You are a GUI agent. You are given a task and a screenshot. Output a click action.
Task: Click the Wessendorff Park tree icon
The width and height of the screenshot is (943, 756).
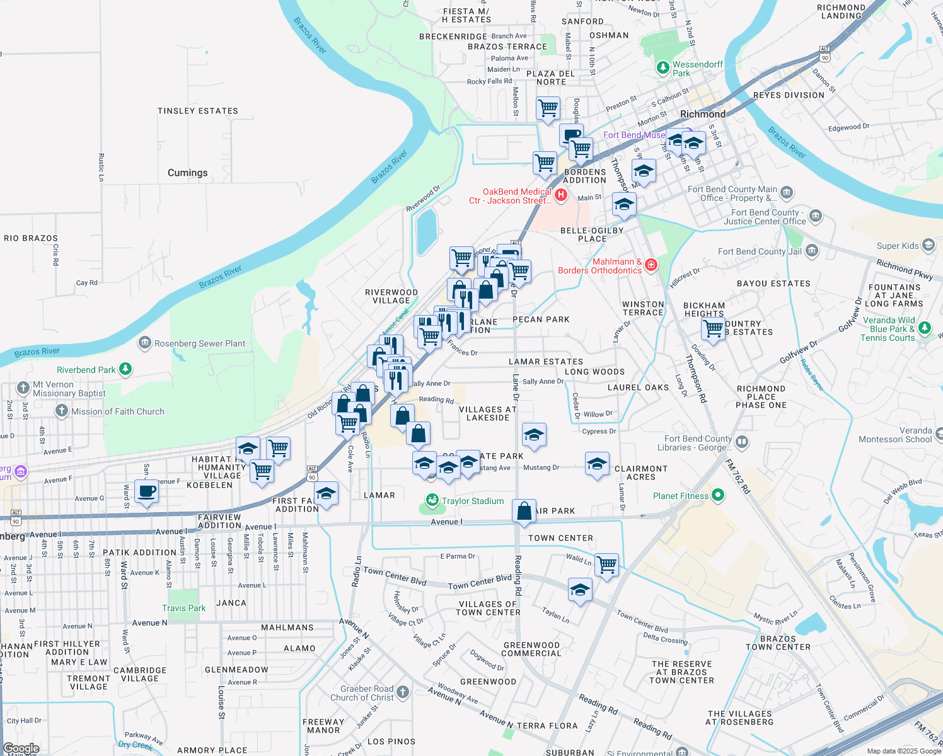[662, 67]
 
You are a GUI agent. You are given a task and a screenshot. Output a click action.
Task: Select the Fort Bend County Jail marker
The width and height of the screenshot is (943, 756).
[812, 251]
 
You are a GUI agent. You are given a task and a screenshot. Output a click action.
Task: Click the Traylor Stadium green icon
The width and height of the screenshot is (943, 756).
[432, 501]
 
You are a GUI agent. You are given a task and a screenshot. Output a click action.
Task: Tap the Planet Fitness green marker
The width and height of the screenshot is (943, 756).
[718, 496]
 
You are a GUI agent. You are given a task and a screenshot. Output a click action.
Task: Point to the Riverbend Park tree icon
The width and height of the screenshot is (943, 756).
[125, 369]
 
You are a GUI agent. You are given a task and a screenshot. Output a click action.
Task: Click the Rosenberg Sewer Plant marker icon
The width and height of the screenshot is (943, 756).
[145, 343]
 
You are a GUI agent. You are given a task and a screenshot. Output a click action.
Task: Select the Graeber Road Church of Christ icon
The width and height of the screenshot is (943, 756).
[403, 692]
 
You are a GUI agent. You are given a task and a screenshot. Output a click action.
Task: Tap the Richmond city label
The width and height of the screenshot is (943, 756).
[703, 114]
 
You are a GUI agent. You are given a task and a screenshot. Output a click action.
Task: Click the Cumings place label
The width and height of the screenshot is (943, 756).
[187, 173]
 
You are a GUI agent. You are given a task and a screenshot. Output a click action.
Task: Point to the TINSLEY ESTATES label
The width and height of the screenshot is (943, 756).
[198, 111]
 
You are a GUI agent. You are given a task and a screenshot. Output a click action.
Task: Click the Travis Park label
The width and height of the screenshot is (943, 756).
[183, 608]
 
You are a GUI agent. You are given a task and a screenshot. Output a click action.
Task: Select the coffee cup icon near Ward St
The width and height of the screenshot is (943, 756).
[147, 491]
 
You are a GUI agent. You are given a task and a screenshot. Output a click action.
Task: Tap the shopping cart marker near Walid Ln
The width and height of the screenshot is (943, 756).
[606, 564]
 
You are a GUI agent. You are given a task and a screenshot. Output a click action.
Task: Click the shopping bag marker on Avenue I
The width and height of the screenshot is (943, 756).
[524, 510]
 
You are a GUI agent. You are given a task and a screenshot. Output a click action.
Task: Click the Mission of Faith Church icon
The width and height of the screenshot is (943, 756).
[61, 411]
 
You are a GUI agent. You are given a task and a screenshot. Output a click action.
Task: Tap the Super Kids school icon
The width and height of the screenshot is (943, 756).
[928, 245]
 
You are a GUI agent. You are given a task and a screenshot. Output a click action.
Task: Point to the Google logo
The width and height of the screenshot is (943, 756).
[21, 748]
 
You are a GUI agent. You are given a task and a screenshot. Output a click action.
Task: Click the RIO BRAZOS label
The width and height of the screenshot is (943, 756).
[31, 238]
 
